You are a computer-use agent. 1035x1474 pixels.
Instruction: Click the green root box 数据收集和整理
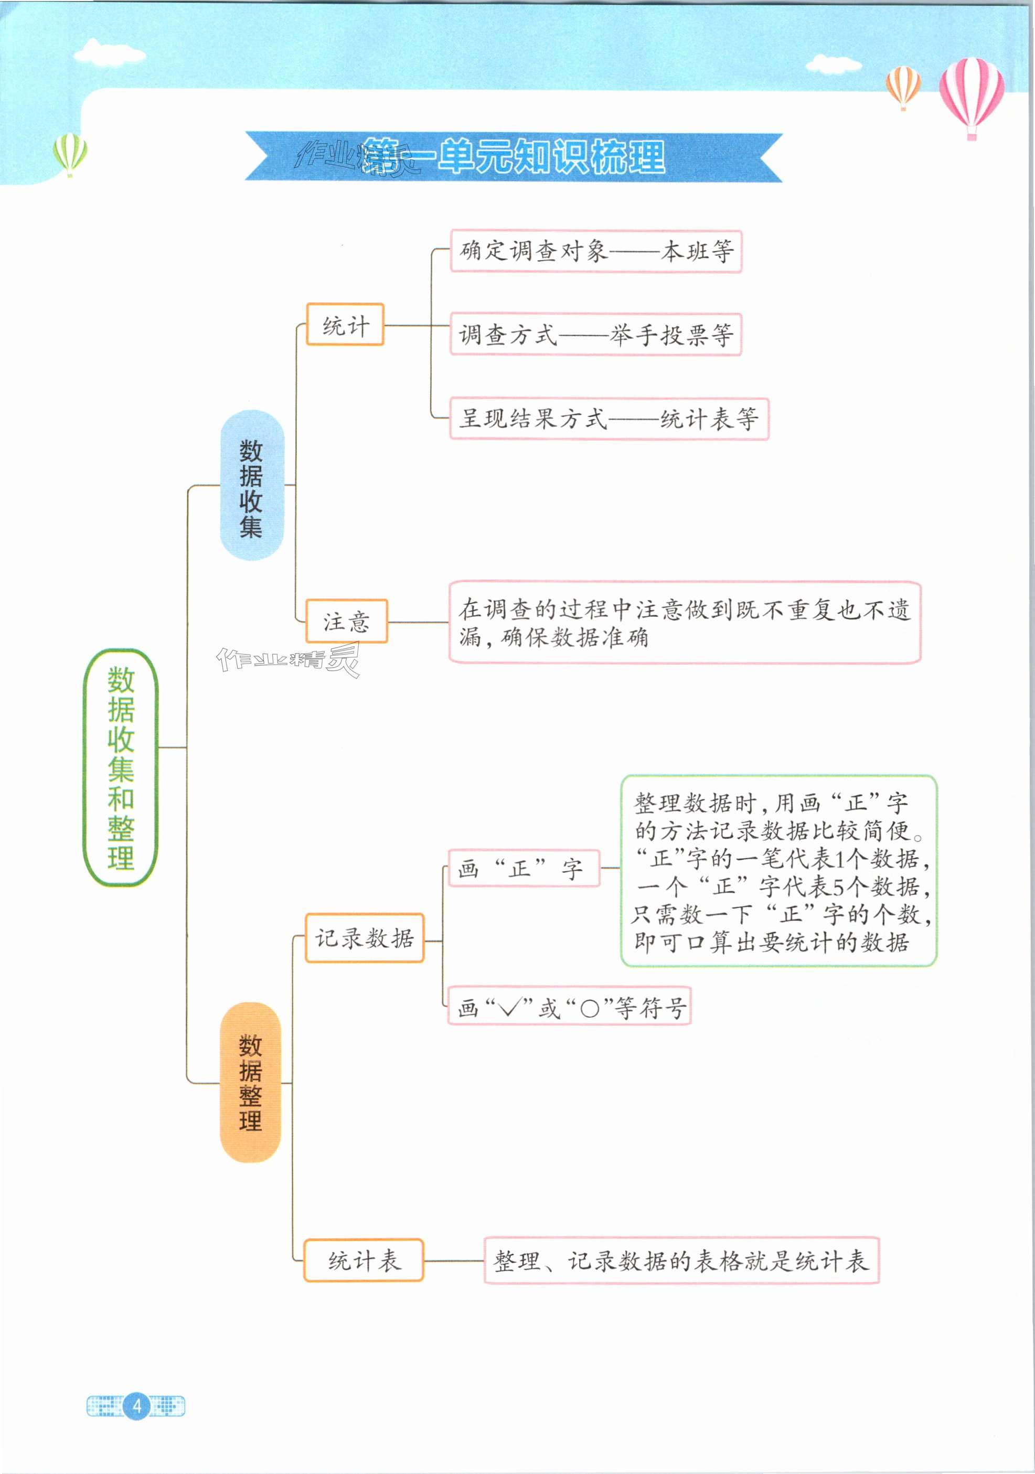(120, 767)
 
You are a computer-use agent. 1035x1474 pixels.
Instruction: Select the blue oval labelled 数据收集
(251, 485)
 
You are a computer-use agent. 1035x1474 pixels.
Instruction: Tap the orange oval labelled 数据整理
(250, 1082)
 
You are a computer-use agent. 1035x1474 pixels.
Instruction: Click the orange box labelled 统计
(345, 325)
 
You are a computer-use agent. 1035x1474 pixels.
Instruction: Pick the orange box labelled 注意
(346, 621)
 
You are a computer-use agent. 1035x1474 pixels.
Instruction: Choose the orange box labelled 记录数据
(364, 938)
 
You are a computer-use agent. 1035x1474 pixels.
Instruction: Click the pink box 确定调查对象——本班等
(595, 251)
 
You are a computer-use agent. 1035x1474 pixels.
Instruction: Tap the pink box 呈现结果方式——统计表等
(609, 419)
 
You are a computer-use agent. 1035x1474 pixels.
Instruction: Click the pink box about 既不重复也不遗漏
(685, 622)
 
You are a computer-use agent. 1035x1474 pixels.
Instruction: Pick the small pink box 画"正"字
(524, 868)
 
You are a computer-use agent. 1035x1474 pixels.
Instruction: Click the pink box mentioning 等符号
(569, 1006)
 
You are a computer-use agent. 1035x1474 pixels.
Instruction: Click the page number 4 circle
(136, 1406)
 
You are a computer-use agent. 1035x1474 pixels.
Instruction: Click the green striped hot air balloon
(70, 153)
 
